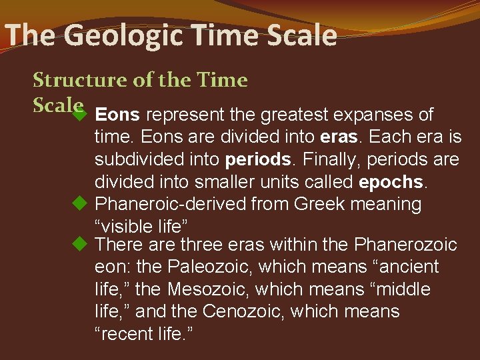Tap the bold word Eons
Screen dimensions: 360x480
[x=117, y=115]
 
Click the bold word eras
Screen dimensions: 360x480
[x=340, y=137]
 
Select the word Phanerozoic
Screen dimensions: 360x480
[x=405, y=245]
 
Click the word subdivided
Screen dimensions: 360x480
[x=139, y=159]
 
